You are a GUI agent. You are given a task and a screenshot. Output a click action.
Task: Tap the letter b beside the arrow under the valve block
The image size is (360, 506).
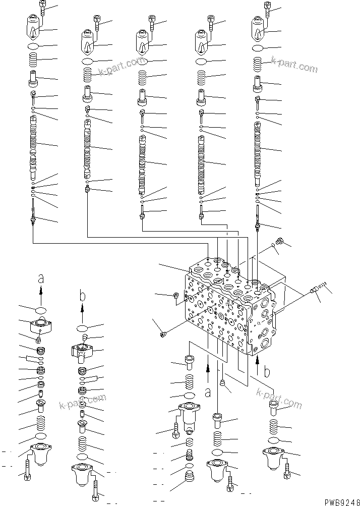[267, 373]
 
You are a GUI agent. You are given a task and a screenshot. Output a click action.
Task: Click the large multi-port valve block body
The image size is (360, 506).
[227, 308]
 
